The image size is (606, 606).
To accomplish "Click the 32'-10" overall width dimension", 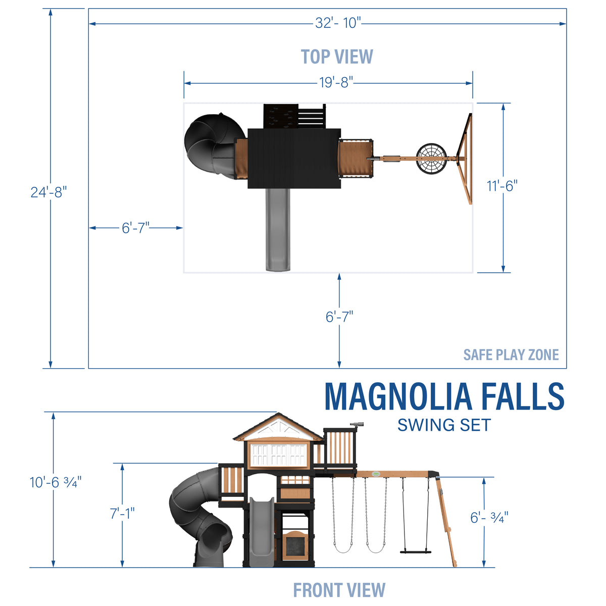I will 338,23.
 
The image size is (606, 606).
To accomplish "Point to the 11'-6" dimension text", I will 502,186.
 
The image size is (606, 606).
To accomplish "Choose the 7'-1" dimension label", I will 122,514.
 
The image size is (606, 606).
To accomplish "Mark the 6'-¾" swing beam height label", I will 489,517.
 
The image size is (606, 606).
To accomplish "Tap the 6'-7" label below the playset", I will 339,317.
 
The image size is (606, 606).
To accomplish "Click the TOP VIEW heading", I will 337,57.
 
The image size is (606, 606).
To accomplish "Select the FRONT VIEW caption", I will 339,590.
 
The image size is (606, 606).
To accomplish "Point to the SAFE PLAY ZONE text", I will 511,355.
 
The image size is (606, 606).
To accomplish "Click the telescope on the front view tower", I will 356,425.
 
